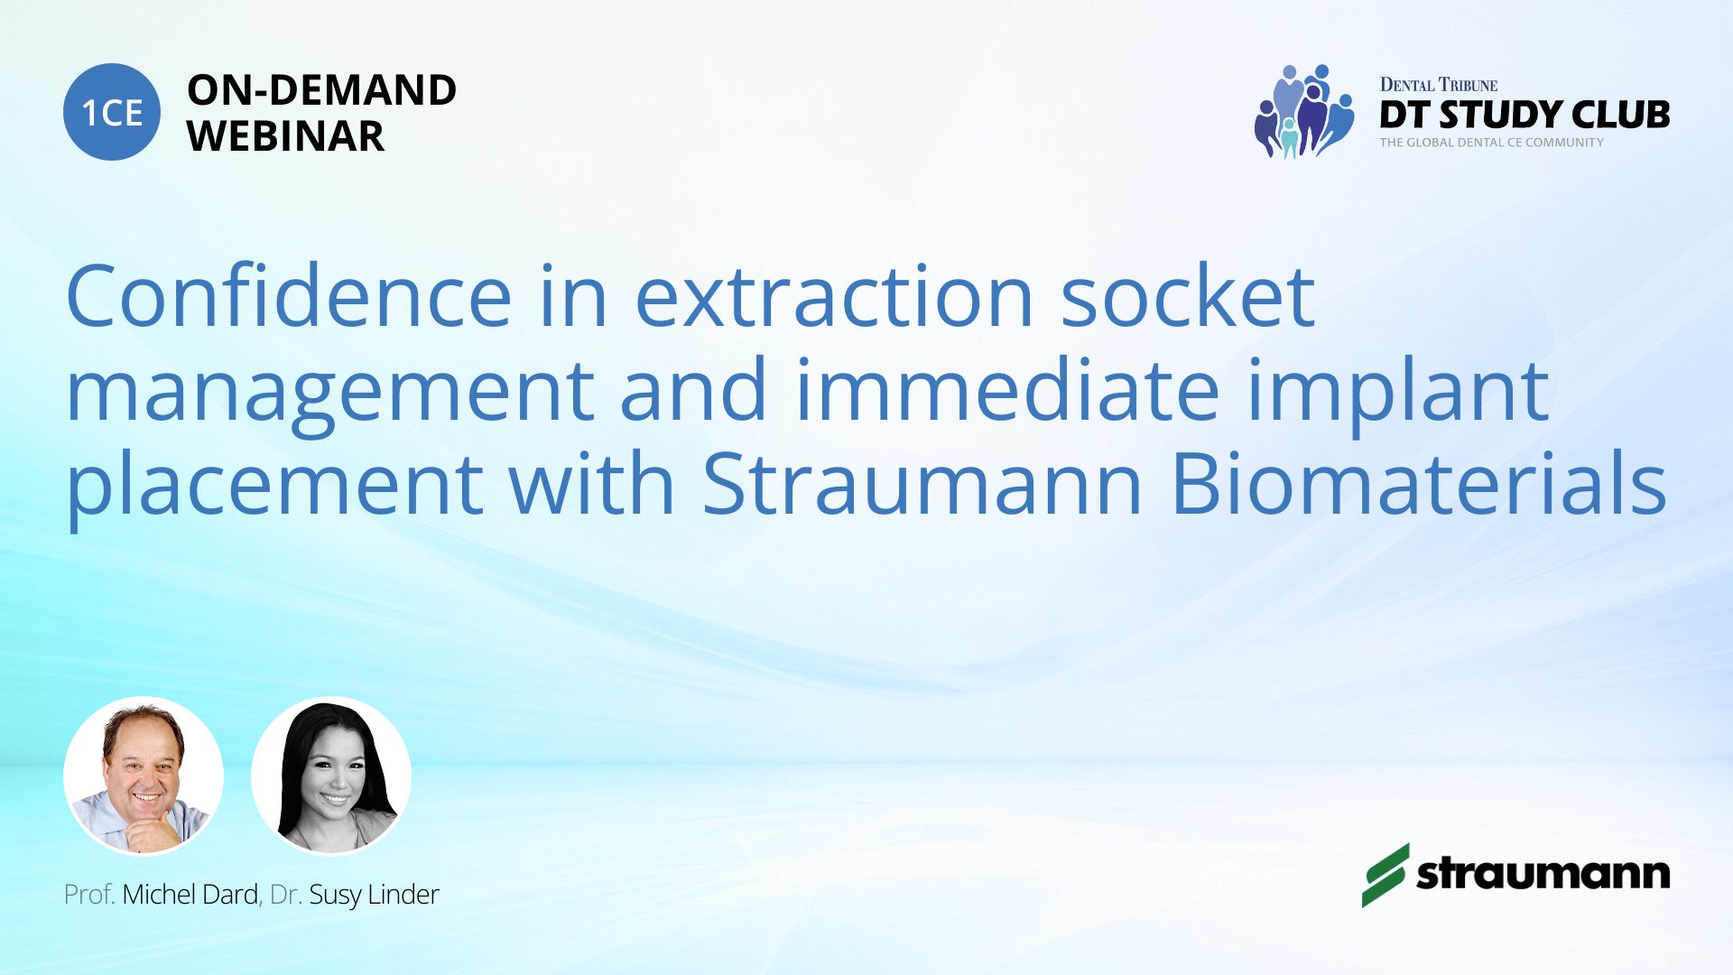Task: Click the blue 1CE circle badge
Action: pyautogui.click(x=112, y=112)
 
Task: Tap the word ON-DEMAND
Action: pyautogui.click(x=321, y=90)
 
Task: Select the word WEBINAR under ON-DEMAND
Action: pyautogui.click(x=285, y=136)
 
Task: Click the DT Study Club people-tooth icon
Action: pyautogui.click(x=1304, y=111)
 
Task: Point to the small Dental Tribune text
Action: pyautogui.click(x=1439, y=85)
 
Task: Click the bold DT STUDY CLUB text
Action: pyautogui.click(x=1524, y=115)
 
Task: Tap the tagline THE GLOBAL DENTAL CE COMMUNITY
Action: pyautogui.click(x=1492, y=143)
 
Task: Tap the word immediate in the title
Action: pyautogui.click(x=1007, y=390)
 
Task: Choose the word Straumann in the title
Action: pyautogui.click(x=922, y=484)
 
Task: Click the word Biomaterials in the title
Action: pyautogui.click(x=1418, y=484)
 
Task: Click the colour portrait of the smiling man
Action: pyautogui.click(x=144, y=775)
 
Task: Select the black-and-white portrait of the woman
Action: pyautogui.click(x=331, y=775)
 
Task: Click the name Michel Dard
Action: pyautogui.click(x=190, y=895)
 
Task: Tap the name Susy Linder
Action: pyautogui.click(x=374, y=895)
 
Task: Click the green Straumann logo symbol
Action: pyautogui.click(x=1385, y=875)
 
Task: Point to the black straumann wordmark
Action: pyautogui.click(x=1543, y=873)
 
